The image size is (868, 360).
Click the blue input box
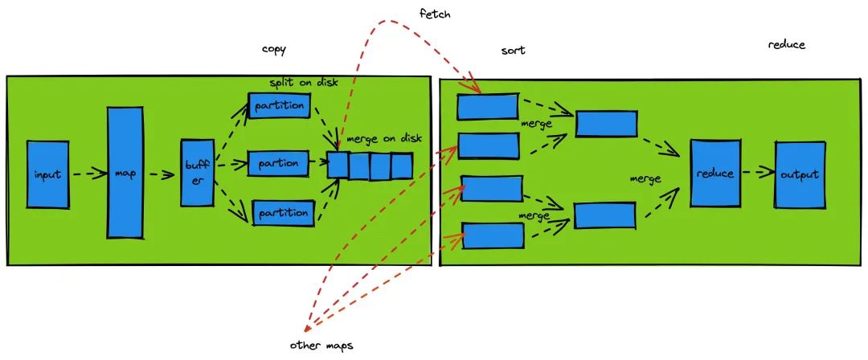point(48,174)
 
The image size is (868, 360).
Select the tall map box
point(125,172)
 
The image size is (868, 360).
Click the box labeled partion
point(279,163)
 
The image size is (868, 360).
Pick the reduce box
point(715,174)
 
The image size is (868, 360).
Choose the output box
point(799,174)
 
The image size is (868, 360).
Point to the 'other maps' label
point(321,346)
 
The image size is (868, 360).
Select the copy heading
point(274,50)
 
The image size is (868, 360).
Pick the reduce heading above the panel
point(786,45)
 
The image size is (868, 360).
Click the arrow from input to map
point(88,173)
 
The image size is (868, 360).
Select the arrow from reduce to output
point(756,172)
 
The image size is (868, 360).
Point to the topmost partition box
point(279,105)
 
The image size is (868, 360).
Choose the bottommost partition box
point(281,213)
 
